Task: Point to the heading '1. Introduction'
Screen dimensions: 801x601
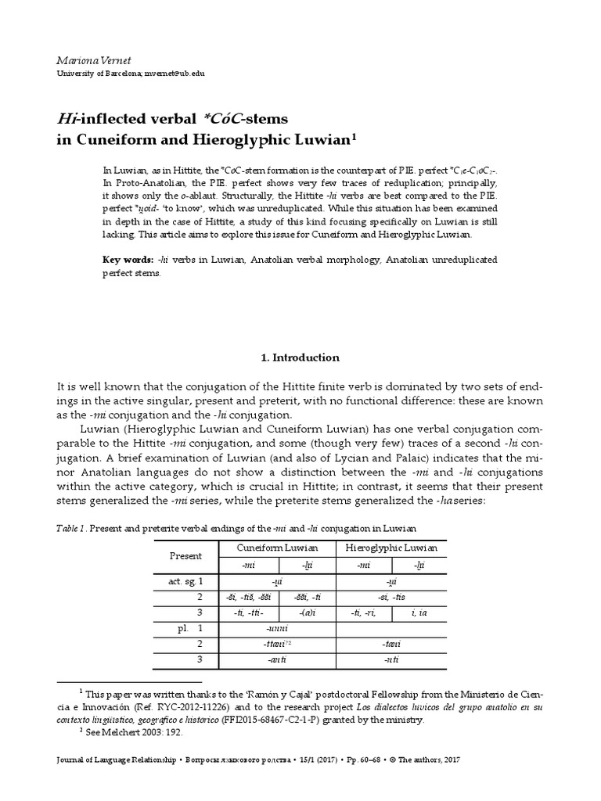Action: pyautogui.click(x=300, y=357)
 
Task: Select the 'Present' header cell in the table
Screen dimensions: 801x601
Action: pyautogui.click(x=185, y=555)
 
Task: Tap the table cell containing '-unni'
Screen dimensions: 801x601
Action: pyautogui.click(x=274, y=628)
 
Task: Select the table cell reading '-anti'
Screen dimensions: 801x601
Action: pyautogui.click(x=274, y=659)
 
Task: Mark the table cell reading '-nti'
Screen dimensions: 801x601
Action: pyautogui.click(x=390, y=659)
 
